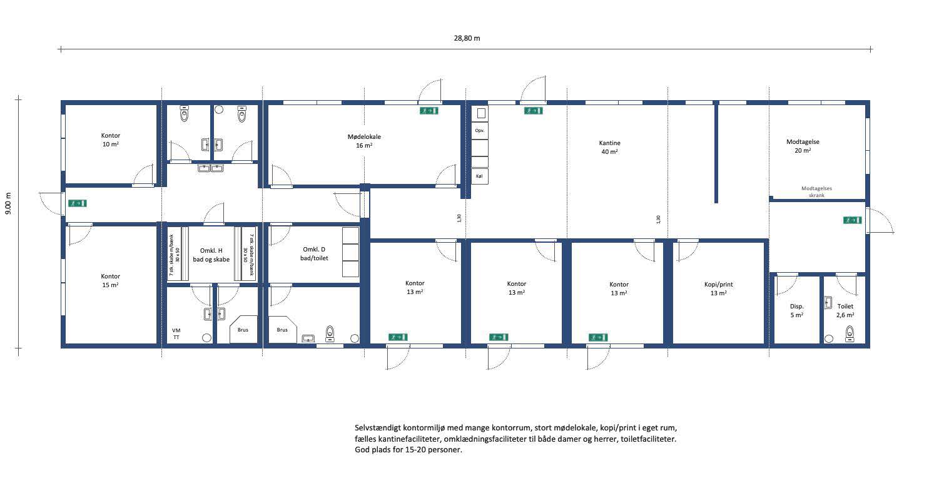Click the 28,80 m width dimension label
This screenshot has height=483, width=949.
click(x=467, y=38)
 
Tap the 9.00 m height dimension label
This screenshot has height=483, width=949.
click(x=9, y=203)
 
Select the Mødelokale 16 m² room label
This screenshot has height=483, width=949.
click(x=364, y=141)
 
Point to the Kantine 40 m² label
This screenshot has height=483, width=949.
click(x=610, y=148)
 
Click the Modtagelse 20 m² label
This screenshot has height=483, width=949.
click(x=803, y=146)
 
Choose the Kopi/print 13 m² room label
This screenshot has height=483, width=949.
click(x=719, y=288)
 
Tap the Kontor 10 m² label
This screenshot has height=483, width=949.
click(x=111, y=140)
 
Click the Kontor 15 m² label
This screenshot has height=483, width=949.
click(x=110, y=280)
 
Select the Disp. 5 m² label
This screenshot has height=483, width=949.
click(x=796, y=310)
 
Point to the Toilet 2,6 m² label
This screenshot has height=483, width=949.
click(x=845, y=310)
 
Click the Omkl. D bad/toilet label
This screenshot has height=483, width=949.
click(x=314, y=254)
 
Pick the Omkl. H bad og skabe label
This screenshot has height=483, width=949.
click(x=211, y=255)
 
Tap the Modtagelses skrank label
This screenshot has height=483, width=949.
click(x=816, y=192)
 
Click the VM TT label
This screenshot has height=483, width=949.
click(x=176, y=334)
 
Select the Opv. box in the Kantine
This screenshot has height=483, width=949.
click(x=480, y=131)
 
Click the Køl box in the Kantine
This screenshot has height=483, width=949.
click(x=480, y=176)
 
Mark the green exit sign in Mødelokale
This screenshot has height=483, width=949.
click(x=429, y=111)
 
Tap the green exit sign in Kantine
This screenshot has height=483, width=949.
click(x=533, y=111)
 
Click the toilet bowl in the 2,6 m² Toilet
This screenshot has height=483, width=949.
click(x=850, y=333)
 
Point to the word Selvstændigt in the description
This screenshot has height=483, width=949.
click(x=378, y=428)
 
